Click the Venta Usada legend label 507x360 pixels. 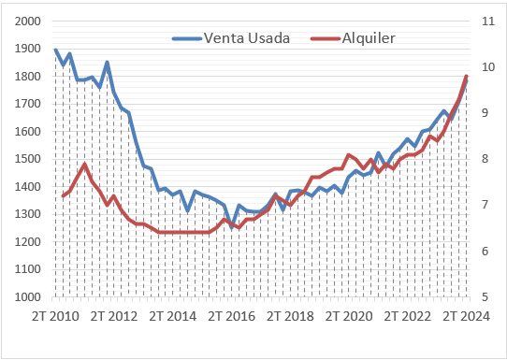click(246, 38)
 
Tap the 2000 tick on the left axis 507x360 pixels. click(28, 22)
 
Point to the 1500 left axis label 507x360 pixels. click(28, 159)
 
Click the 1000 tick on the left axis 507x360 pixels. click(28, 297)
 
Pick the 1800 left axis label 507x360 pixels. click(28, 77)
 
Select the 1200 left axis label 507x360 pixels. click(28, 242)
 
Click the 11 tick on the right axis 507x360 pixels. click(486, 22)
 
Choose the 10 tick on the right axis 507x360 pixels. click(486, 67)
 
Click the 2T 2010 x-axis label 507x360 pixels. click(55, 315)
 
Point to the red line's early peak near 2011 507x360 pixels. click(85, 165)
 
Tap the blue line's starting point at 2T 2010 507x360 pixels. click(55, 50)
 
